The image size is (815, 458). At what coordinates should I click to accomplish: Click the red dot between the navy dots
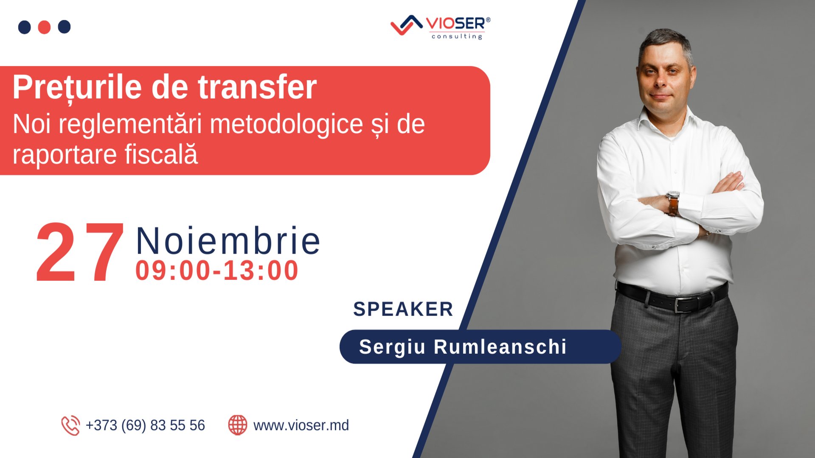pyautogui.click(x=44, y=27)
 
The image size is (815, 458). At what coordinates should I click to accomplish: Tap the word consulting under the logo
pyautogui.click(x=457, y=36)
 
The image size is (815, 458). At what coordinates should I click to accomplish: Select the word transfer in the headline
pyautogui.click(x=257, y=87)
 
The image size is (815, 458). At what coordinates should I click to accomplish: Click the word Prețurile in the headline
pyautogui.click(x=77, y=87)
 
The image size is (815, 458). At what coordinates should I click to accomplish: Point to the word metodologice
pyautogui.click(x=287, y=124)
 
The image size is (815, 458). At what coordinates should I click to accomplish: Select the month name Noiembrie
pyautogui.click(x=228, y=241)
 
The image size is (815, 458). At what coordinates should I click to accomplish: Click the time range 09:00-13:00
pyautogui.click(x=217, y=271)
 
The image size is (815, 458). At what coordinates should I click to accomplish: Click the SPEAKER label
pyautogui.click(x=403, y=309)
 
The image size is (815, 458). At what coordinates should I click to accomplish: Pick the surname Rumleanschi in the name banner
pyautogui.click(x=500, y=347)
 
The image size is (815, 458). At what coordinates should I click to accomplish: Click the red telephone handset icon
pyautogui.click(x=70, y=425)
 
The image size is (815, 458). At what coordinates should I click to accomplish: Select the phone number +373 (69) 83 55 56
pyautogui.click(x=145, y=425)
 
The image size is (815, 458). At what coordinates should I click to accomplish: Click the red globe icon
pyautogui.click(x=238, y=425)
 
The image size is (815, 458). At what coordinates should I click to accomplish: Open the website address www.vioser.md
pyautogui.click(x=301, y=425)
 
